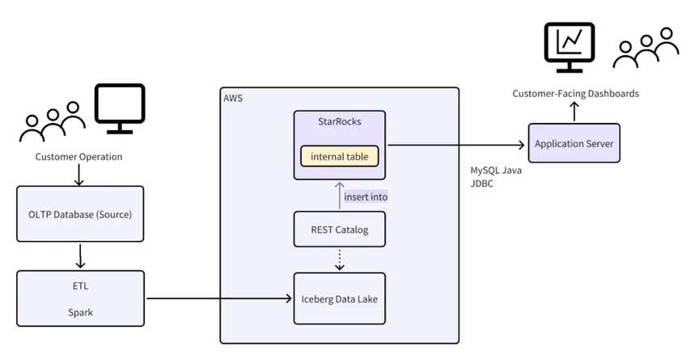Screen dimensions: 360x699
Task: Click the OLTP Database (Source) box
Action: [80, 214]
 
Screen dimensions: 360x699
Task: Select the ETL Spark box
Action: [80, 299]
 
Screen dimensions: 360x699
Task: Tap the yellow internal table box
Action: [339, 155]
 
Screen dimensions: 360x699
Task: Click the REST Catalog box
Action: [339, 230]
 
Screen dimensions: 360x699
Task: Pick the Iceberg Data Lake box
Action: [339, 299]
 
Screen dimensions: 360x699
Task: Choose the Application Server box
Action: [574, 144]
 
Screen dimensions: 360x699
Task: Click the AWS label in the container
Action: [233, 98]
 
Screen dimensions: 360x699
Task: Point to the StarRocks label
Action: [339, 122]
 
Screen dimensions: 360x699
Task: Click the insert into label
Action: [366, 197]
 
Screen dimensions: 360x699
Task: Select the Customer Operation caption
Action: [79, 157]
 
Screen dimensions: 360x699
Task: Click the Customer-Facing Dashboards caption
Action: [575, 94]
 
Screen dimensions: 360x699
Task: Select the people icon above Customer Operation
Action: [52, 121]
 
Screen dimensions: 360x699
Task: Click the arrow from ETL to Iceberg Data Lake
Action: [218, 299]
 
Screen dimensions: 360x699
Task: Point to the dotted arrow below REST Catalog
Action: [339, 260]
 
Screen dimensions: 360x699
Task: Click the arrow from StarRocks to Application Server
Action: [453, 146]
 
